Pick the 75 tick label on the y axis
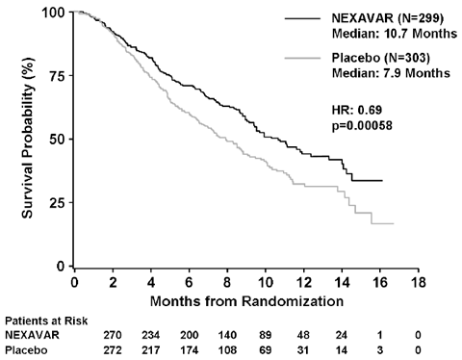tap(57, 76)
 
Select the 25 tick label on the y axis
tap(57, 202)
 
